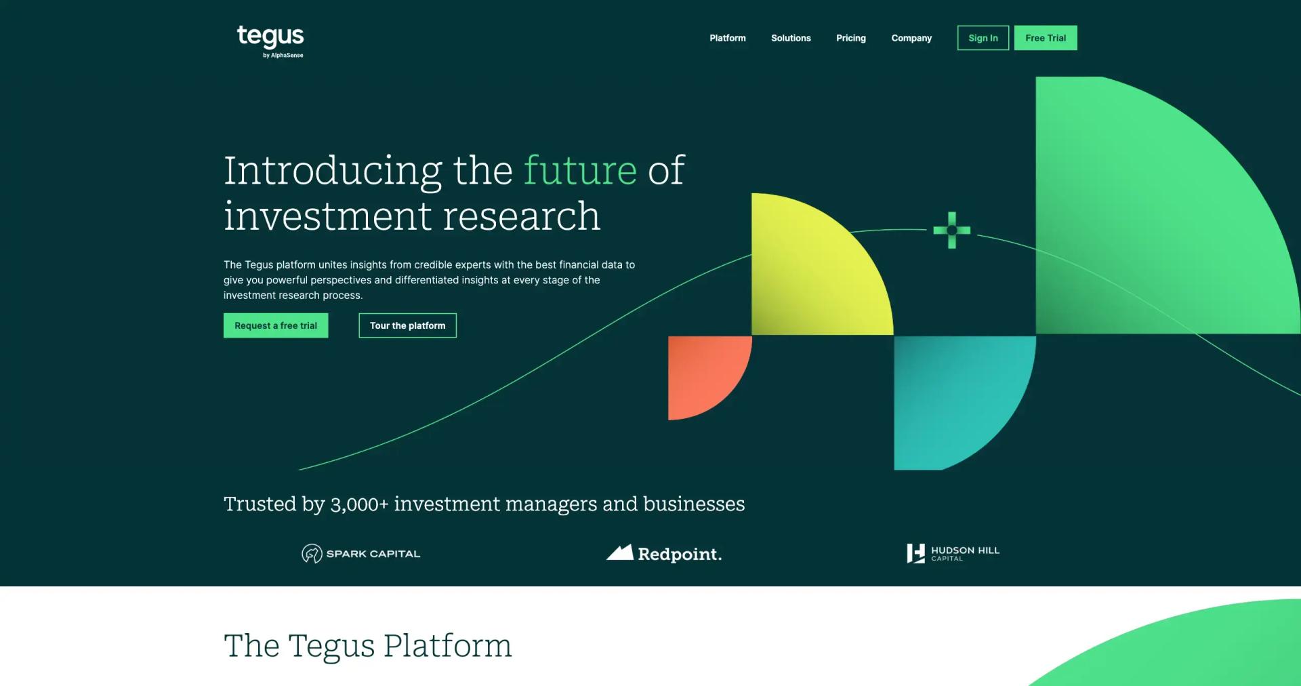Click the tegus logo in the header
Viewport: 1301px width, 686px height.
tap(270, 41)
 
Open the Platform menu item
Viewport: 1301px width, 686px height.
tap(728, 38)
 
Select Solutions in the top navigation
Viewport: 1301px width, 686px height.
tap(791, 38)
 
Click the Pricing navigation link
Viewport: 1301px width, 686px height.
tap(851, 38)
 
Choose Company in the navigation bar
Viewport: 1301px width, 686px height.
tap(911, 38)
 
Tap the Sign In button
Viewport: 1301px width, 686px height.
tap(983, 38)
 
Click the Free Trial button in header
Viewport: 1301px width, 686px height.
tap(1046, 38)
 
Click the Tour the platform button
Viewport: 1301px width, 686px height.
tap(408, 325)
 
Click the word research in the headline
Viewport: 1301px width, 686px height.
tap(522, 216)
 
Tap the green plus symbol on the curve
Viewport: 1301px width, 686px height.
tap(952, 230)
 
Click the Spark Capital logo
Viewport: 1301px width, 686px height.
tap(361, 554)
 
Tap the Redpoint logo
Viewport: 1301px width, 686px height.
tap(664, 553)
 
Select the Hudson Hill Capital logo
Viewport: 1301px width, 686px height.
tap(953, 554)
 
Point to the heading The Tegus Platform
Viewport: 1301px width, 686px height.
tap(368, 646)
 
